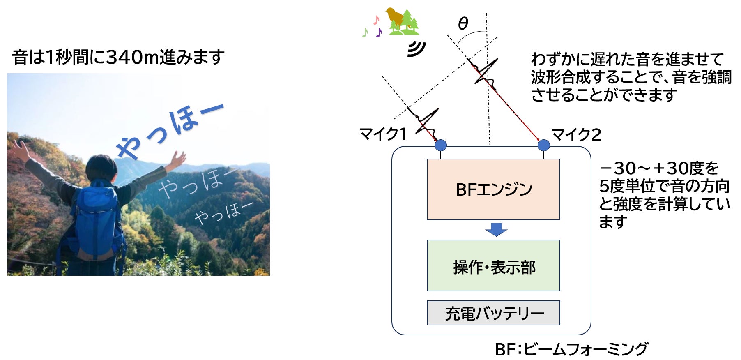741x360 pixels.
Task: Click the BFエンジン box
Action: pos(493,189)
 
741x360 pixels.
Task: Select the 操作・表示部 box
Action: pos(493,265)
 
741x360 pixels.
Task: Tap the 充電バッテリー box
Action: pos(493,313)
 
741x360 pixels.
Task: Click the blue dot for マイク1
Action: pos(440,145)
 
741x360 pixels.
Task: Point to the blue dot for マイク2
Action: pos(543,145)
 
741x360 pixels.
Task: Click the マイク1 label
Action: pos(383,134)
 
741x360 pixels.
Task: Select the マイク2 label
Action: pos(576,135)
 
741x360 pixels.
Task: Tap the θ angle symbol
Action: pos(463,24)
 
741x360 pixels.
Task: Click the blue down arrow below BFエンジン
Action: pos(496,229)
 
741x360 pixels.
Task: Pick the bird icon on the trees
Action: pos(395,16)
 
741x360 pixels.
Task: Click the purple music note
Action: pos(379,32)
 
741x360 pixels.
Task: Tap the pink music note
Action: pos(376,19)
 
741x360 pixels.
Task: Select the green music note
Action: pos(365,32)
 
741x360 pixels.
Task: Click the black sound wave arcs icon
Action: pos(416,49)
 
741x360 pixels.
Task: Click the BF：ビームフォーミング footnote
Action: pos(571,349)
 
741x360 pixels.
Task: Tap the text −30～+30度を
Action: pos(659,168)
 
